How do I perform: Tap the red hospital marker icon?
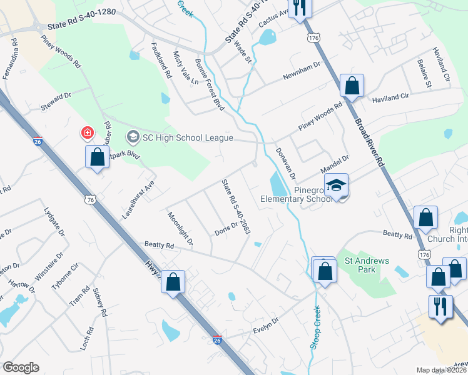[86, 133]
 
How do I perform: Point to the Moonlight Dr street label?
[180, 228]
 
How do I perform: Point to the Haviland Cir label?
[390, 97]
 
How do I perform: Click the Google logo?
[21, 367]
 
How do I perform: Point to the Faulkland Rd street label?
[161, 59]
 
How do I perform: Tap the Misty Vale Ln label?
[185, 68]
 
